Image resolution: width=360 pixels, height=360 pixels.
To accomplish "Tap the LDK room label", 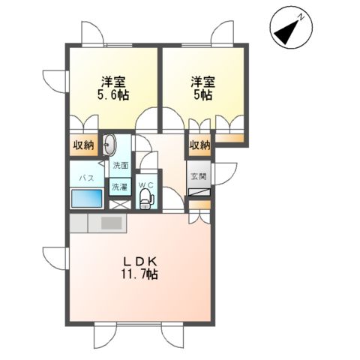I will click(141, 260).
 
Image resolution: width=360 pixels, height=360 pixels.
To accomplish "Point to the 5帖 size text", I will click(200, 95).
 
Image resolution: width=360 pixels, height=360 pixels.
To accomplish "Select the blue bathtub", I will click(87, 200).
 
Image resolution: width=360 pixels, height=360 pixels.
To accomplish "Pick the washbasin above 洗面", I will click(111, 145).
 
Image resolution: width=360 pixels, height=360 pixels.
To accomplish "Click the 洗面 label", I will click(120, 165).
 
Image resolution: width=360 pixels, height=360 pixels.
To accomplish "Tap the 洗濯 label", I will click(120, 185).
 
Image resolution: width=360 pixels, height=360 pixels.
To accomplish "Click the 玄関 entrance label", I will click(198, 177).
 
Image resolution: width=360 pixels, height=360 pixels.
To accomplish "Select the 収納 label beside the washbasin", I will click(83, 145).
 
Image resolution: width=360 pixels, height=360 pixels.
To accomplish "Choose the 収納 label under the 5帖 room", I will click(199, 145).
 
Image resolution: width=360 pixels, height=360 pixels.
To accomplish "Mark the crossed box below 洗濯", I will click(119, 202).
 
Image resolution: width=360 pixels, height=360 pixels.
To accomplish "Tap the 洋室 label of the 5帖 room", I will click(200, 81).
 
